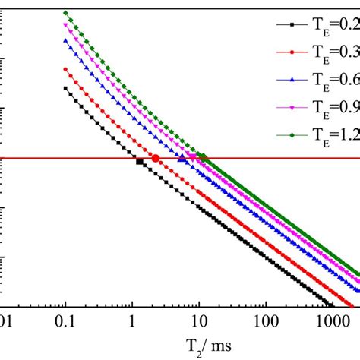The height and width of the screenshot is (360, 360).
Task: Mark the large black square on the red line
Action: [x=139, y=161]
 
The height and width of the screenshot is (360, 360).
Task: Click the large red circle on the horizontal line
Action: [x=156, y=158]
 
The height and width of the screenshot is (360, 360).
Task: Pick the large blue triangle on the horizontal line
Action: [x=182, y=158]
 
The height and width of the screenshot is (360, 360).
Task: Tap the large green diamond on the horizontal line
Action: [x=203, y=158]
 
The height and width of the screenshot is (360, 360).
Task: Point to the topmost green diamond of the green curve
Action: [x=65, y=12]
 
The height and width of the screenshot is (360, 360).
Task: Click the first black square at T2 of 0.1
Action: [x=65, y=88]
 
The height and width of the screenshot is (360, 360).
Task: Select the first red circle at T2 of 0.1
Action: [x=65, y=69]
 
